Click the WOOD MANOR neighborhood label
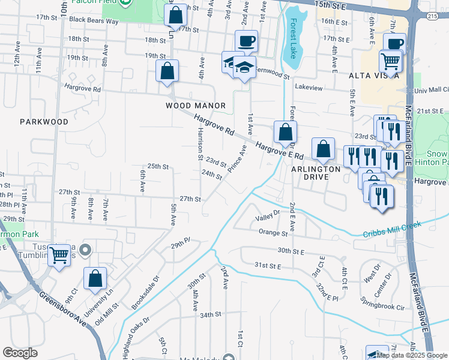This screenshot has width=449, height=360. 196,106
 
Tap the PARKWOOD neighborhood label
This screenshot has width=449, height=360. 44,121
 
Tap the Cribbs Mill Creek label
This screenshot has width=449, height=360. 392,229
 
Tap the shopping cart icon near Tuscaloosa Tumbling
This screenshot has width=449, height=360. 59,256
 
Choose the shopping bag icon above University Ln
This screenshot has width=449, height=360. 95,278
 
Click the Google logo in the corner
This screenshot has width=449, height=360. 20,353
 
